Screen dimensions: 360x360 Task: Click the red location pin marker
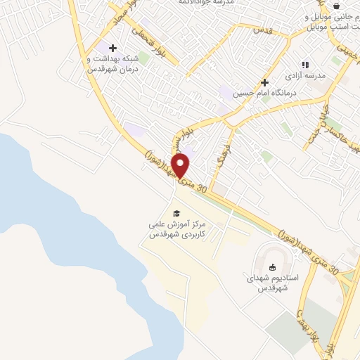point(181,166)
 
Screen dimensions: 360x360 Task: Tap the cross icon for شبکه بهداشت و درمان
point(112,47)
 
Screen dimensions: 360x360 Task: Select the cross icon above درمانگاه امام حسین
point(264,83)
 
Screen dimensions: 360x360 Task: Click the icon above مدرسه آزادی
point(305,65)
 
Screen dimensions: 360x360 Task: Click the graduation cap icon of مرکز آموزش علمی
point(176,213)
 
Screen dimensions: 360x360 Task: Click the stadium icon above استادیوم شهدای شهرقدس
point(272,266)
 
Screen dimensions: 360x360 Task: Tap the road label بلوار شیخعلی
point(154,41)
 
